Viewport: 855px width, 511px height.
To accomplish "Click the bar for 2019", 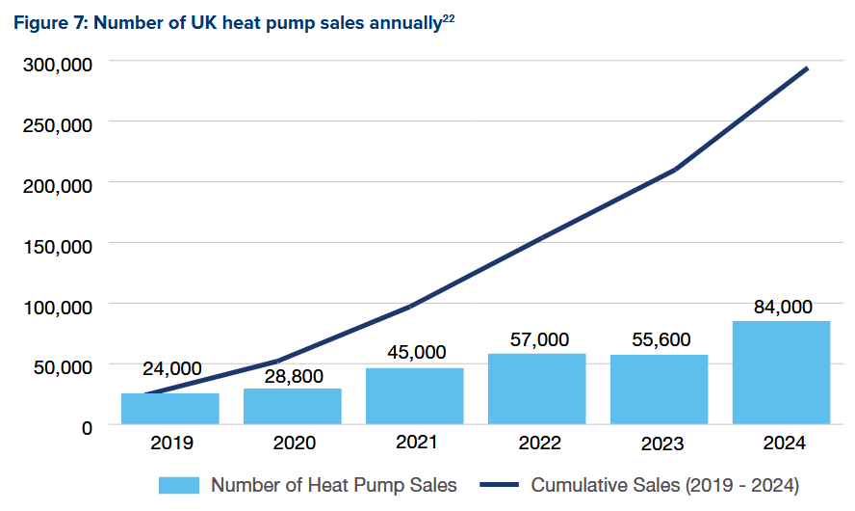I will [x=170, y=408].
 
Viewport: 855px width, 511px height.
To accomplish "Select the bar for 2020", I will [x=293, y=406].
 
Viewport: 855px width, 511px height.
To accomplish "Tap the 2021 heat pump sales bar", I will [x=415, y=395].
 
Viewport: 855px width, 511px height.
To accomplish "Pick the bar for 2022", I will [x=537, y=389].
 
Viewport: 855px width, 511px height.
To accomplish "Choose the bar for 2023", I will [x=660, y=390].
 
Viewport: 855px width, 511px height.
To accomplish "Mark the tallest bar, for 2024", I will [x=781, y=372].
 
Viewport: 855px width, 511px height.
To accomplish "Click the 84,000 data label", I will [x=781, y=307].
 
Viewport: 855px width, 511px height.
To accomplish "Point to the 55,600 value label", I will [x=661, y=340].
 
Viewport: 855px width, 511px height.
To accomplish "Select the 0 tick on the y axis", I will [x=87, y=426].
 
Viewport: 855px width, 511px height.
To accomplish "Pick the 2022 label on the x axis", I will [x=538, y=444].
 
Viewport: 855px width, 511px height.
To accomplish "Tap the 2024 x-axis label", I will [x=782, y=444].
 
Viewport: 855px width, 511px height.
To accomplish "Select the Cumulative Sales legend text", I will [x=665, y=484].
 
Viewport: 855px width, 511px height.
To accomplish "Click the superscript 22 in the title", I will [x=448, y=17].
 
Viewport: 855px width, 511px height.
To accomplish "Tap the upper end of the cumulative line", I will [x=807, y=68].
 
